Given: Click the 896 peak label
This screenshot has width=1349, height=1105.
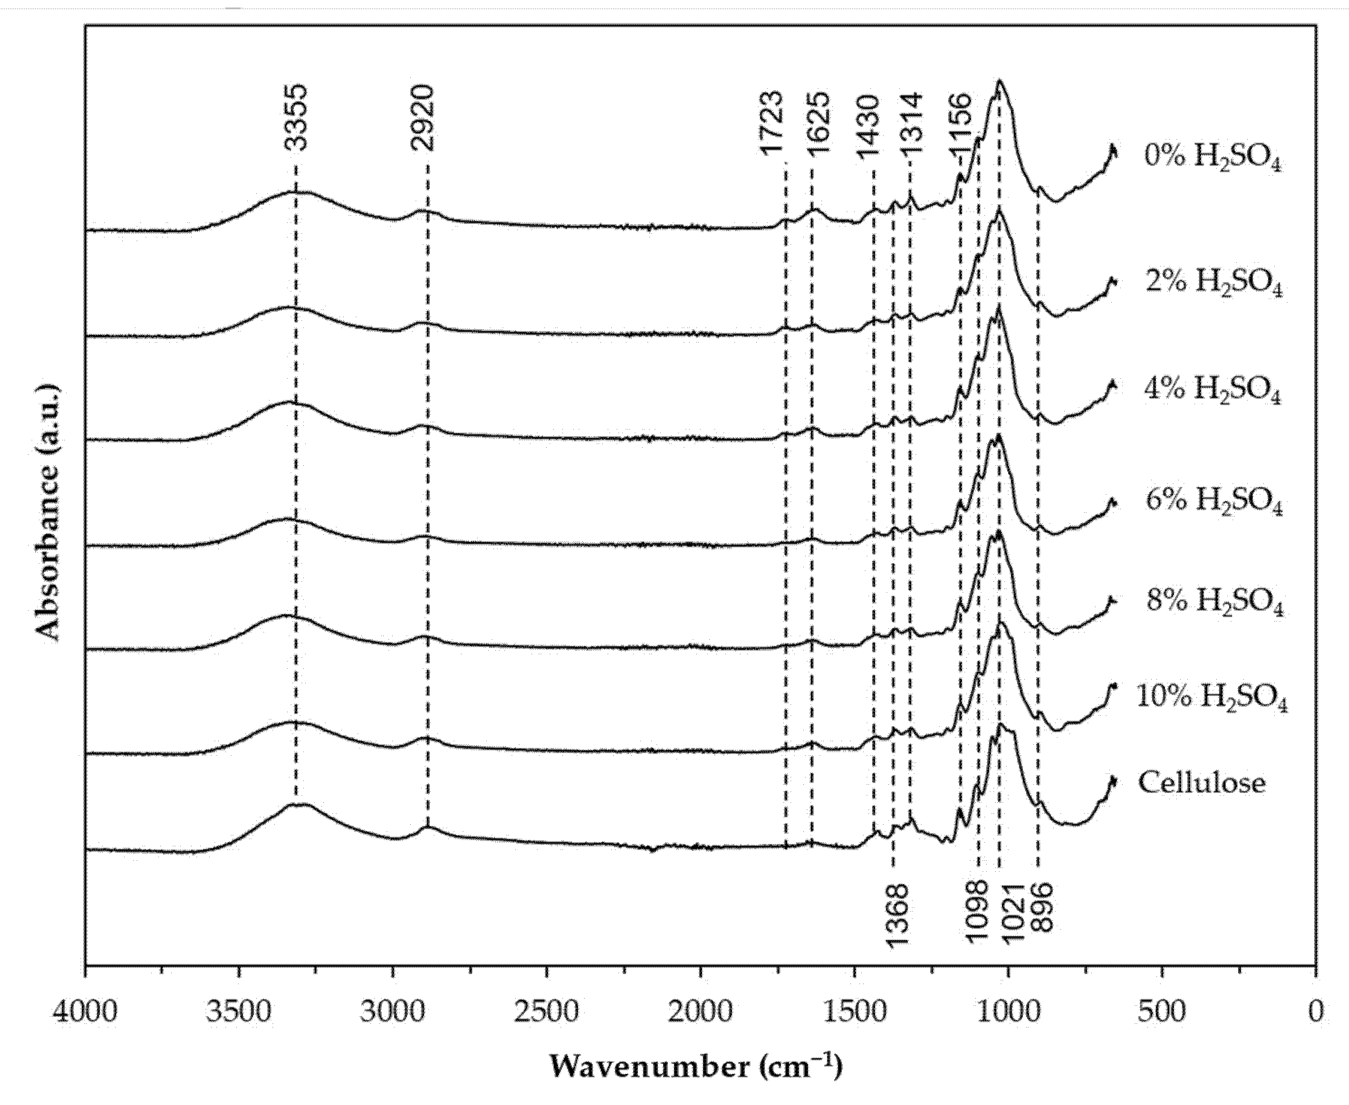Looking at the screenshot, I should click(1042, 907).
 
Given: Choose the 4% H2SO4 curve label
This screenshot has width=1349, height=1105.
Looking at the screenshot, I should click(1212, 391).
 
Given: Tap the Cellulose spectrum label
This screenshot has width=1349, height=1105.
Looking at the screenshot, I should click(1201, 783).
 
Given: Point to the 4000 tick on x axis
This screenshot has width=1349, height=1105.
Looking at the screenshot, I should click(85, 1012).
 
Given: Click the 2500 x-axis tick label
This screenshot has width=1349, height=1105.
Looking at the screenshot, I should click(547, 1012).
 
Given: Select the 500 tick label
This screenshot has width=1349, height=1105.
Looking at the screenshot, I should click(1162, 1012).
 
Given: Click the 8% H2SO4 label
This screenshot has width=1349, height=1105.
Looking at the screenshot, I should click(1214, 602).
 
